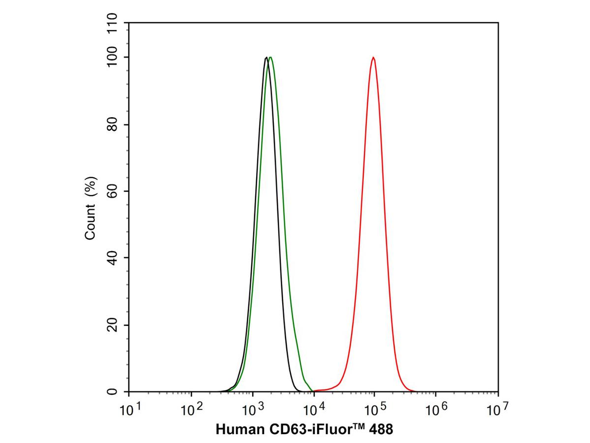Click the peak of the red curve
(x=374, y=58)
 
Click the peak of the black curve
(x=266, y=58)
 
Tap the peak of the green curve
(x=270, y=57)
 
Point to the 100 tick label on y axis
(x=113, y=57)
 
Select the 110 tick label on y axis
(x=113, y=24)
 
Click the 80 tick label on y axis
(x=113, y=125)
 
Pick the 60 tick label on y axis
(x=113, y=191)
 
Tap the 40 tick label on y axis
(x=113, y=258)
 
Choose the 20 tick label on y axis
(x=113, y=325)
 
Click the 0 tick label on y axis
(x=113, y=392)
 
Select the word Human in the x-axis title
(x=236, y=430)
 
